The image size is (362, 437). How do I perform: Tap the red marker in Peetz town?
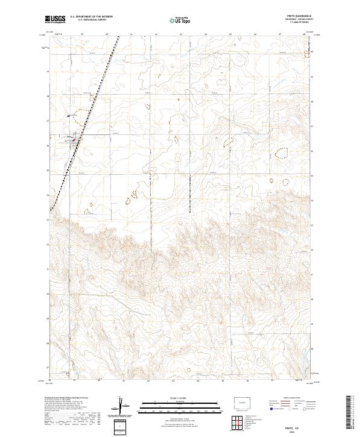pyautogui.click(x=75, y=140)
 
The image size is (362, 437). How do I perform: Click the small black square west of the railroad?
pyautogui.click(x=69, y=116)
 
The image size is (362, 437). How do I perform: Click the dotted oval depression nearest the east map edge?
pyautogui.click(x=282, y=153)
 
